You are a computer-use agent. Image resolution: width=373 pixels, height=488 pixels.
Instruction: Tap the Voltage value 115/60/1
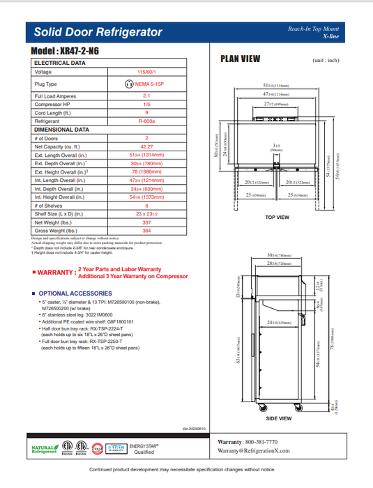click(146, 72)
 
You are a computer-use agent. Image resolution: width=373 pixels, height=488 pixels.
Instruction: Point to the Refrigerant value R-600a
click(146, 121)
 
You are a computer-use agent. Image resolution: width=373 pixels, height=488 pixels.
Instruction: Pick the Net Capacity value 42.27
click(146, 146)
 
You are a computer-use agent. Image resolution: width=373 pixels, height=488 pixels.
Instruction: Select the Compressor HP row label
click(53, 104)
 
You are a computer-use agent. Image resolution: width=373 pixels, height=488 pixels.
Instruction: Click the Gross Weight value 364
click(146, 231)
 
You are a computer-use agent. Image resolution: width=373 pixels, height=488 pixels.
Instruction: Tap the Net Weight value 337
click(146, 222)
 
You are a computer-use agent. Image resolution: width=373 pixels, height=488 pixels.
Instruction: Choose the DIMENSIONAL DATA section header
click(62, 129)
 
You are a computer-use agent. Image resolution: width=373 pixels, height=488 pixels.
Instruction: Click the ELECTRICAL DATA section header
click(60, 63)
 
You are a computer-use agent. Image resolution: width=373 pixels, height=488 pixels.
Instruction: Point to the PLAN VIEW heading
click(241, 59)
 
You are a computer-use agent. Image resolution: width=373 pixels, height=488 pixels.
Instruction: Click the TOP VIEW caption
click(277, 218)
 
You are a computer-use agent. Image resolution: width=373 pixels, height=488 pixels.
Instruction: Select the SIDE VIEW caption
click(279, 418)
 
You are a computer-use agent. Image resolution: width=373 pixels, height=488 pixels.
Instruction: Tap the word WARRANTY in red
click(56, 273)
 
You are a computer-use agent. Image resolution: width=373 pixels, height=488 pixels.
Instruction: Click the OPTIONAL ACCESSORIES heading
click(75, 293)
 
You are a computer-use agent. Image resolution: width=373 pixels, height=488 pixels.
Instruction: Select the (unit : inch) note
click(326, 61)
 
